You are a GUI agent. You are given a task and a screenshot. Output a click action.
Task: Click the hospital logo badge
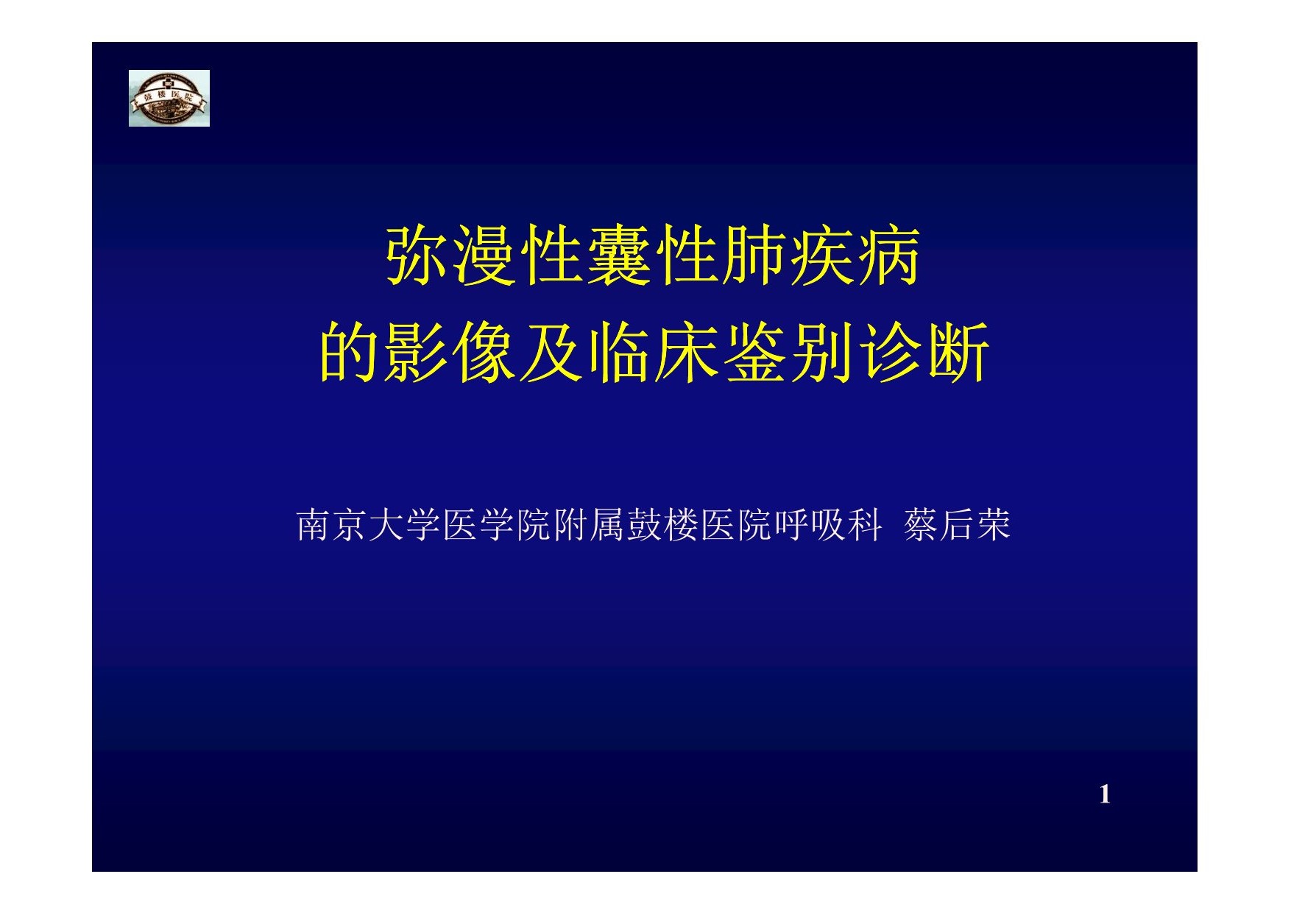click(169, 98)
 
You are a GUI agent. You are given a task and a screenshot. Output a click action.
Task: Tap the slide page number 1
click(1104, 794)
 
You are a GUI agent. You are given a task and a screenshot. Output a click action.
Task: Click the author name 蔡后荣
click(958, 525)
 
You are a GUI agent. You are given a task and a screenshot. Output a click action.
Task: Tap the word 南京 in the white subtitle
click(332, 525)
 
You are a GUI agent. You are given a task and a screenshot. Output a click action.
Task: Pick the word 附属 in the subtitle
click(590, 525)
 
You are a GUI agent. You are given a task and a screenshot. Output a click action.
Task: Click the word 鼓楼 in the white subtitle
click(663, 525)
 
